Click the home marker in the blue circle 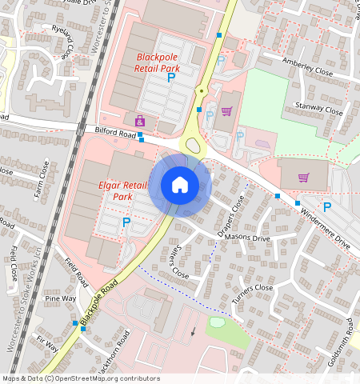coord(180,185)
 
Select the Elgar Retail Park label coord(125,190)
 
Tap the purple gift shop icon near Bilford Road coord(140,121)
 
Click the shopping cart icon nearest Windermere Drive coord(303,177)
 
